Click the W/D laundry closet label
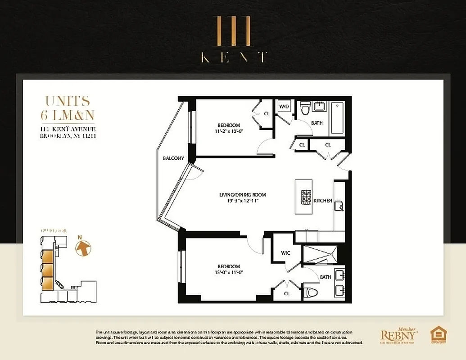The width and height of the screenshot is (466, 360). [284, 107]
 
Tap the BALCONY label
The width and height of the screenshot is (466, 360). [173, 158]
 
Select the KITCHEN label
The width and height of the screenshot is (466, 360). [323, 200]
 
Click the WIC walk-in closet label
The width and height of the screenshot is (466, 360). [285, 253]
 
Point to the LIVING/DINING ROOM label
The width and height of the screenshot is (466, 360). [242, 195]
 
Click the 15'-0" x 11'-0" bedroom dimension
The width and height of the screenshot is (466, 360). [229, 272]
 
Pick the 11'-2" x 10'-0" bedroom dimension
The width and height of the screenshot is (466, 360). [229, 131]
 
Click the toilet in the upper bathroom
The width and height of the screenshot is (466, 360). [306, 108]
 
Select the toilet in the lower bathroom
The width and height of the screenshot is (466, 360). [311, 292]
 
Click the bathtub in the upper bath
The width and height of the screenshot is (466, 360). [337, 118]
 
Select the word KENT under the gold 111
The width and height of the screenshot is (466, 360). [233, 57]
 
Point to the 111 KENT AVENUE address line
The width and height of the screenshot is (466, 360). [68, 129]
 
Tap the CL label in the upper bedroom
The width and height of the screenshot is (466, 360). [267, 113]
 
